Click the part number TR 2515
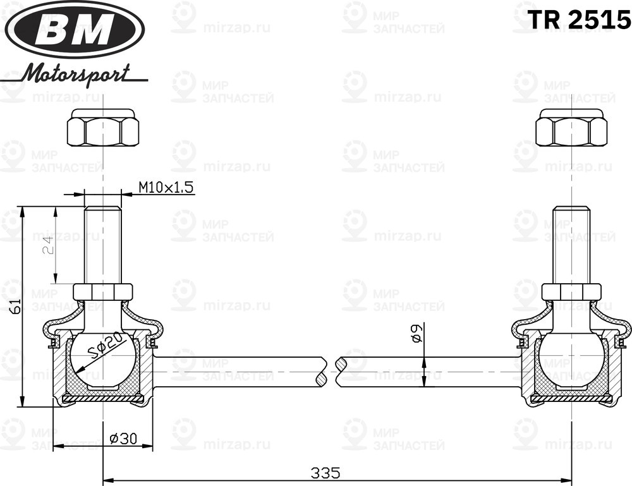579,20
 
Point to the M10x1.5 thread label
166,187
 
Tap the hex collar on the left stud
103,292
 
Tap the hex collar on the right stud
571,292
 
